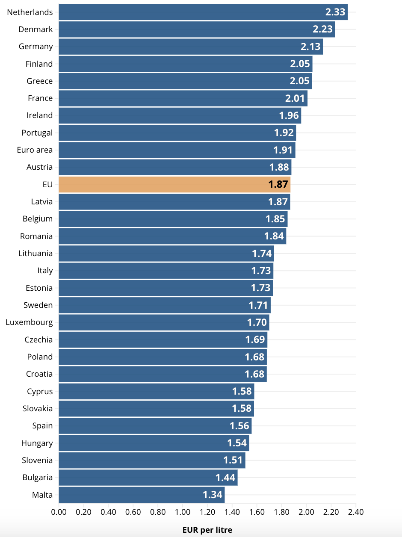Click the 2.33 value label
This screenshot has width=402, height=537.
(335, 12)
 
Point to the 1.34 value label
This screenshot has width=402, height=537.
(213, 495)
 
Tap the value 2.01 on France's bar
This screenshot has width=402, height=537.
(295, 98)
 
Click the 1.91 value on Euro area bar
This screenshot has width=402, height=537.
(283, 150)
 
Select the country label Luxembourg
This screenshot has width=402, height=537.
(29, 322)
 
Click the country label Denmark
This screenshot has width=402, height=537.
(35, 29)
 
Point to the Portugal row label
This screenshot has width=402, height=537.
(37, 133)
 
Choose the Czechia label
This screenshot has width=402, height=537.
(38, 339)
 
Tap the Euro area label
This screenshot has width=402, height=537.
(35, 150)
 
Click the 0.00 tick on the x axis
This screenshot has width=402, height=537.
(59, 512)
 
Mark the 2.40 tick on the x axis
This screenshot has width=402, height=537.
(356, 512)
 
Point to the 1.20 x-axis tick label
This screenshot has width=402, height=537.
(207, 512)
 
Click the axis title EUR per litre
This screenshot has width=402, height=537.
(207, 530)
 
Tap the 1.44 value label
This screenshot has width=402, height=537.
(225, 478)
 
